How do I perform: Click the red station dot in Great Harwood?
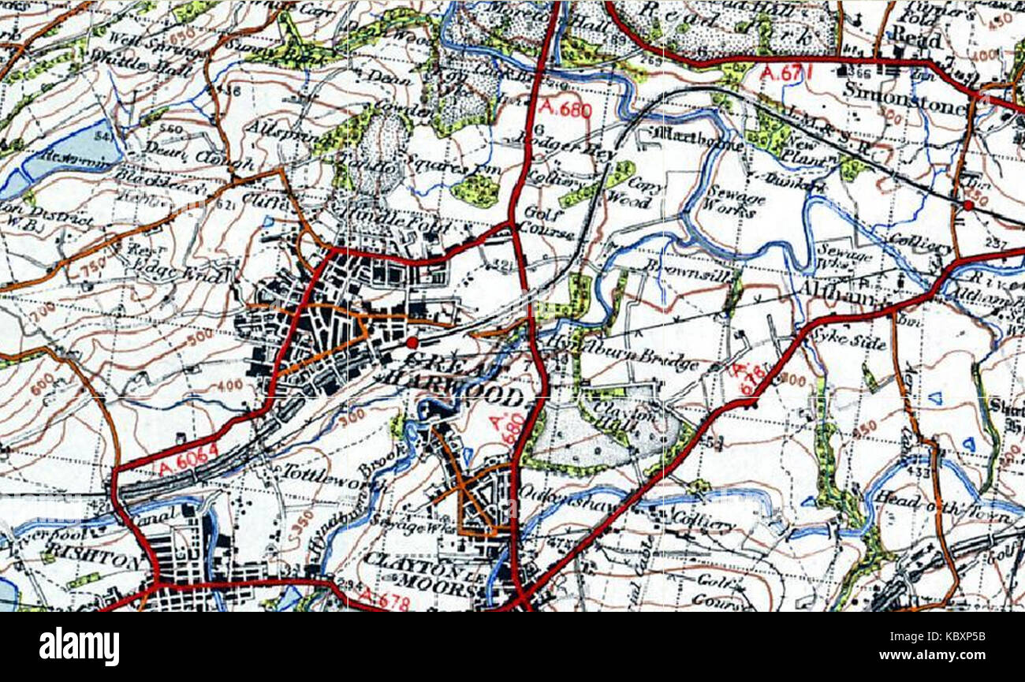pos(412,342)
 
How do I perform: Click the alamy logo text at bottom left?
pos(80,647)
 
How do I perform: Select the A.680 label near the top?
pos(566,109)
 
